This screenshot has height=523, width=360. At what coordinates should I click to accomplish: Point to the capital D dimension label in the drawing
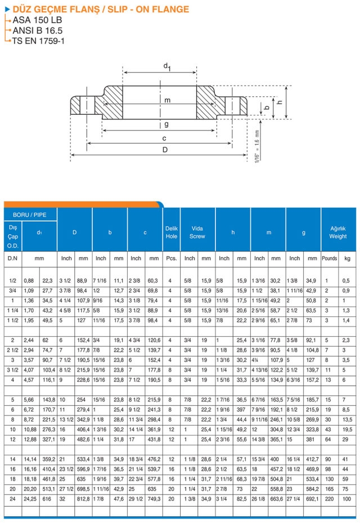(164, 150)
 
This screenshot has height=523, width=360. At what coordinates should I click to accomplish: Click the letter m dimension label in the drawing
(166, 100)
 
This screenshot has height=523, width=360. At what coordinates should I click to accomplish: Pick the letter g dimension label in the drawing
(166, 124)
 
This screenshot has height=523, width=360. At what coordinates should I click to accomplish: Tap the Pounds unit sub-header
(329, 258)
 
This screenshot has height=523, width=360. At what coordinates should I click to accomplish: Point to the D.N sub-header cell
(12, 258)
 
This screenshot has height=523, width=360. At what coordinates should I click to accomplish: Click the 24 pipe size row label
(12, 499)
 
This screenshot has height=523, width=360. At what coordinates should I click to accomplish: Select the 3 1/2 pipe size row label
(12, 370)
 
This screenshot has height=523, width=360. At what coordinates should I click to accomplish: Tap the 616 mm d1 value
(47, 499)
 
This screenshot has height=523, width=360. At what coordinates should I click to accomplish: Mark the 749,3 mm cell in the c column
(154, 499)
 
